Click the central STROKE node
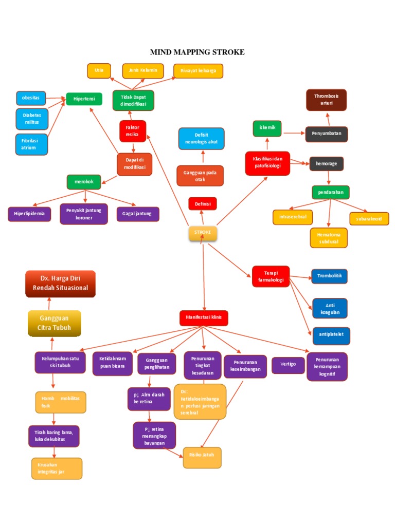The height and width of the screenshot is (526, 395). click(x=203, y=233)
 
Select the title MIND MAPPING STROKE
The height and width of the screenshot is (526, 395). click(x=197, y=52)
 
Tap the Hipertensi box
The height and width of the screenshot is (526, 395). click(x=84, y=99)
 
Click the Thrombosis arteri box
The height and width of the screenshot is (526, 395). click(x=326, y=100)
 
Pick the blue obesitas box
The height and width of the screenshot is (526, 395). click(x=31, y=98)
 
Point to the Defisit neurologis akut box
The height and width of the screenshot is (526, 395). click(x=202, y=138)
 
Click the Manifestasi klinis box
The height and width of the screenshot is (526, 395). click(x=204, y=318)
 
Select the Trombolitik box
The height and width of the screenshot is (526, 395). click(x=329, y=276)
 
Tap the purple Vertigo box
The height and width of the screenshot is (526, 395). click(x=288, y=365)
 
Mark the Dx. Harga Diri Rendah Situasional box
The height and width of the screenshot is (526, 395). click(x=61, y=284)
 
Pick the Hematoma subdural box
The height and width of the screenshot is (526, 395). click(x=328, y=238)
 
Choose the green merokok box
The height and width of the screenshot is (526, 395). click(x=84, y=182)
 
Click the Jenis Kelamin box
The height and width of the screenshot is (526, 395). click(x=143, y=70)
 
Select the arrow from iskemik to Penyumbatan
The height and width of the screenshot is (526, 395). click(x=293, y=133)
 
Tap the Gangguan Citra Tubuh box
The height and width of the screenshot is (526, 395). click(x=54, y=323)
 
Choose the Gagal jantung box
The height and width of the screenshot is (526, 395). click(x=138, y=214)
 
